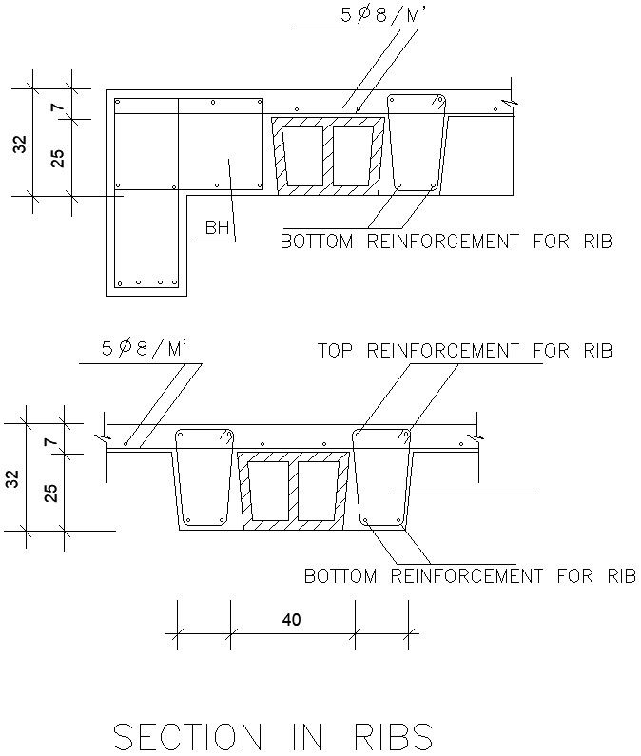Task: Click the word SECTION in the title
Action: pos(188,736)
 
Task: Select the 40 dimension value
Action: pos(291,620)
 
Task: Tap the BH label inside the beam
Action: pos(217,228)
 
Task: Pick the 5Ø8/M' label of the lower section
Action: pos(147,349)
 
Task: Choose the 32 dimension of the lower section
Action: pos(13,478)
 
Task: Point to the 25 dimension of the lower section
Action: pos(52,492)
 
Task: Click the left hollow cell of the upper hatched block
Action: pos(307,156)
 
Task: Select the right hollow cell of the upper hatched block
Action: pos(351,156)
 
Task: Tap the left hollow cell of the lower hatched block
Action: pos(271,491)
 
